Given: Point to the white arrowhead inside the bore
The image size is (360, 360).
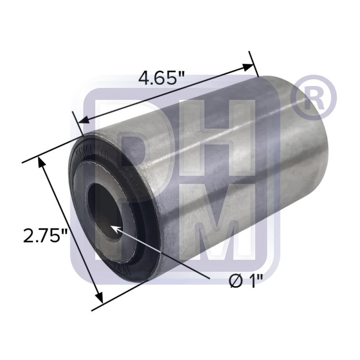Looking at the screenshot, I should pyautogui.click(x=114, y=228).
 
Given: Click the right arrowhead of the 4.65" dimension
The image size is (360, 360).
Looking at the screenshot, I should pyautogui.click(x=248, y=67).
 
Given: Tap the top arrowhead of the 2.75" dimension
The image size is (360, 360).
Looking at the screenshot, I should pyautogui.click(x=42, y=164).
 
